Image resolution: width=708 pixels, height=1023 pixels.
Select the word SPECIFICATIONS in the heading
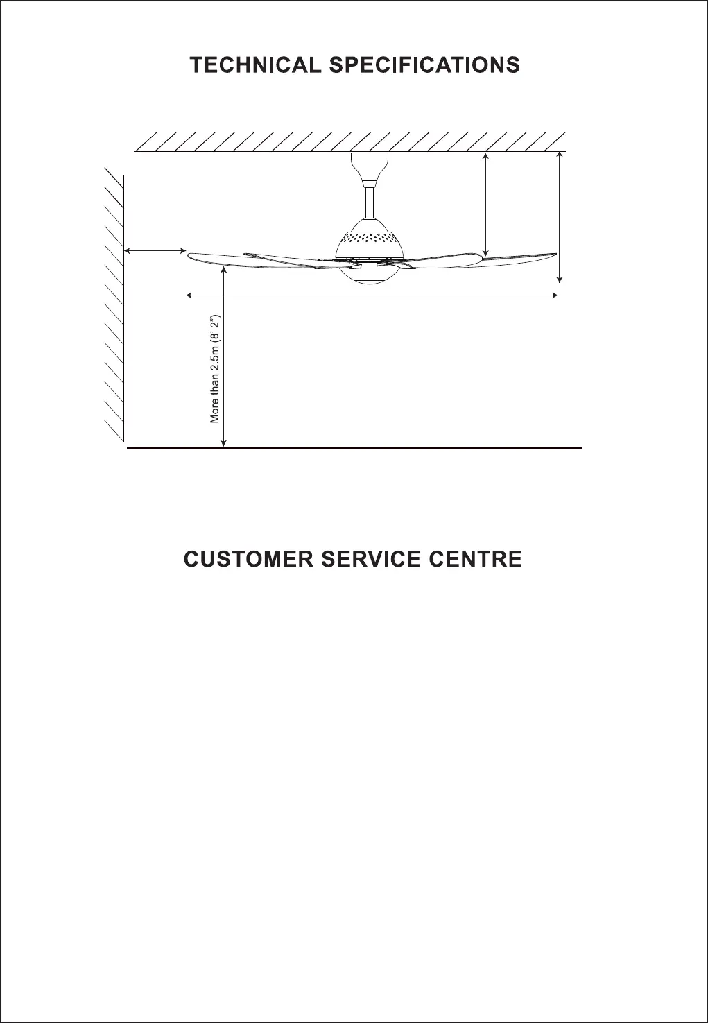pos(424,66)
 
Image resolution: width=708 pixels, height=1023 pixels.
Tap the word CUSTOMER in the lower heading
pos(248,560)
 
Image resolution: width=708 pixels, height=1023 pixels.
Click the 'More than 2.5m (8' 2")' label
pos(215,370)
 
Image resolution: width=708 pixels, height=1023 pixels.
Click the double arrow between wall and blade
pos(155,250)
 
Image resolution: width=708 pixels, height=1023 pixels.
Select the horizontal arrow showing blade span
pos(372,296)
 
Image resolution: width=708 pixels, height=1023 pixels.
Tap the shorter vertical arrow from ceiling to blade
pos(486,205)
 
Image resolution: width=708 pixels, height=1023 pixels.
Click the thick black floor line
pos(354,449)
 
